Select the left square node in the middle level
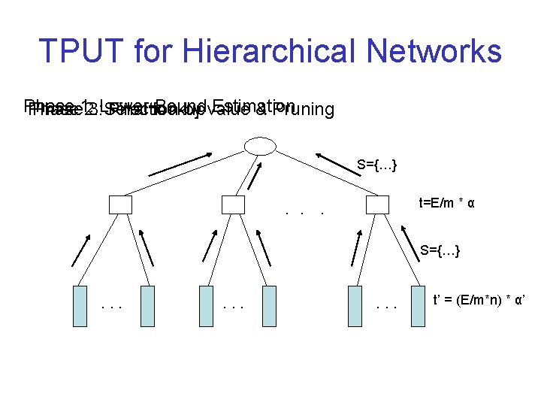click(x=120, y=205)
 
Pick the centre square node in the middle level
click(x=234, y=205)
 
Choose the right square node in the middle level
click(x=377, y=205)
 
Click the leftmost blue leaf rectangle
click(x=80, y=306)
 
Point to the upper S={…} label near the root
click(x=377, y=165)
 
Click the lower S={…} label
click(x=440, y=249)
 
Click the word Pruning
click(x=304, y=111)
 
